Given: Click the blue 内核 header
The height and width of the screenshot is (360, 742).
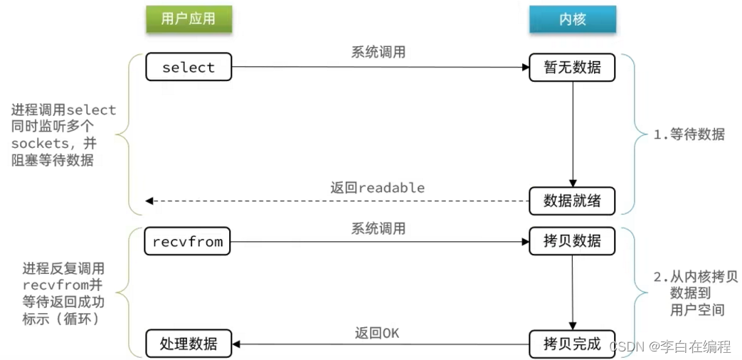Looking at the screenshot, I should (572, 19).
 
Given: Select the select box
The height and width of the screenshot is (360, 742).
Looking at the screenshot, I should (188, 68).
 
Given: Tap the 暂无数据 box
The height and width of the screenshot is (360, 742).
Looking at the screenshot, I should (572, 68).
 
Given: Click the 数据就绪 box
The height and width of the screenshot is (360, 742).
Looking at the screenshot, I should (572, 201).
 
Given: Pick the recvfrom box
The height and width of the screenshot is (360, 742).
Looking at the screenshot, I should (188, 242).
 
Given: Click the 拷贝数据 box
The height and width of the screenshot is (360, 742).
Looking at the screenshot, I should (572, 242).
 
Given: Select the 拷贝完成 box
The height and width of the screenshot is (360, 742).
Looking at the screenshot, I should (572, 344).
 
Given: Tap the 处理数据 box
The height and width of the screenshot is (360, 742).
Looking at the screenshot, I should (188, 344).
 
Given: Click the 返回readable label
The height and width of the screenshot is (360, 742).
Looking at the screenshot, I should (377, 188).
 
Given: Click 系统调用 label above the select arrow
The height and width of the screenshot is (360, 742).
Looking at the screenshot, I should (378, 53).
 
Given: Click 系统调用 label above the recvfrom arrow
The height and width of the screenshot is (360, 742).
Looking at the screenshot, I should (378, 228).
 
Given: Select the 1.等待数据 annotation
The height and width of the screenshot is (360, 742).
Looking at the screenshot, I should (689, 134).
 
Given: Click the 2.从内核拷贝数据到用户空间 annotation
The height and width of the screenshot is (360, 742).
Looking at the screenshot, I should (689, 293).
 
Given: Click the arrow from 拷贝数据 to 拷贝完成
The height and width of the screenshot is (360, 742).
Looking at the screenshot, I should (573, 292).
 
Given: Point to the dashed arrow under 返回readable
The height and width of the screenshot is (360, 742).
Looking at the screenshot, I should (334, 201).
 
